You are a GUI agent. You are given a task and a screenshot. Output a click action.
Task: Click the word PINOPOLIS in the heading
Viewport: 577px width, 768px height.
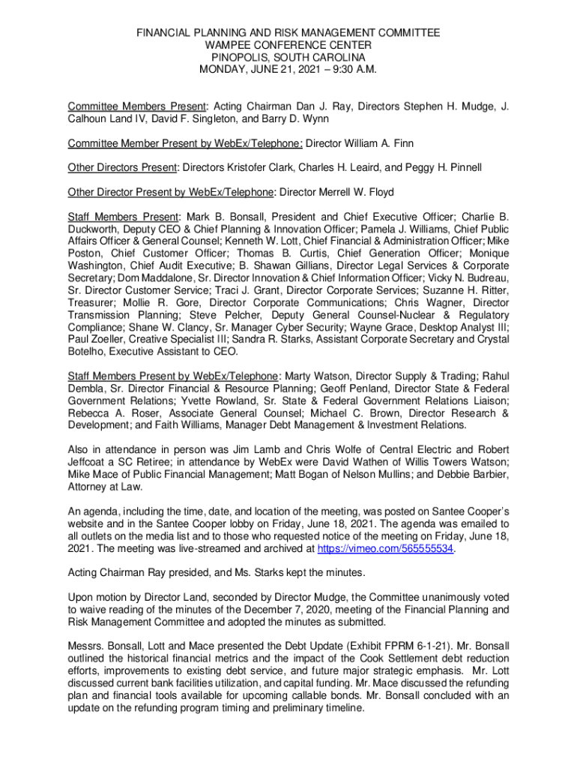(x=237, y=57)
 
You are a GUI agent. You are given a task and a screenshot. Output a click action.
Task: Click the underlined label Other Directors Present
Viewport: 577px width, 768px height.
(x=122, y=167)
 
